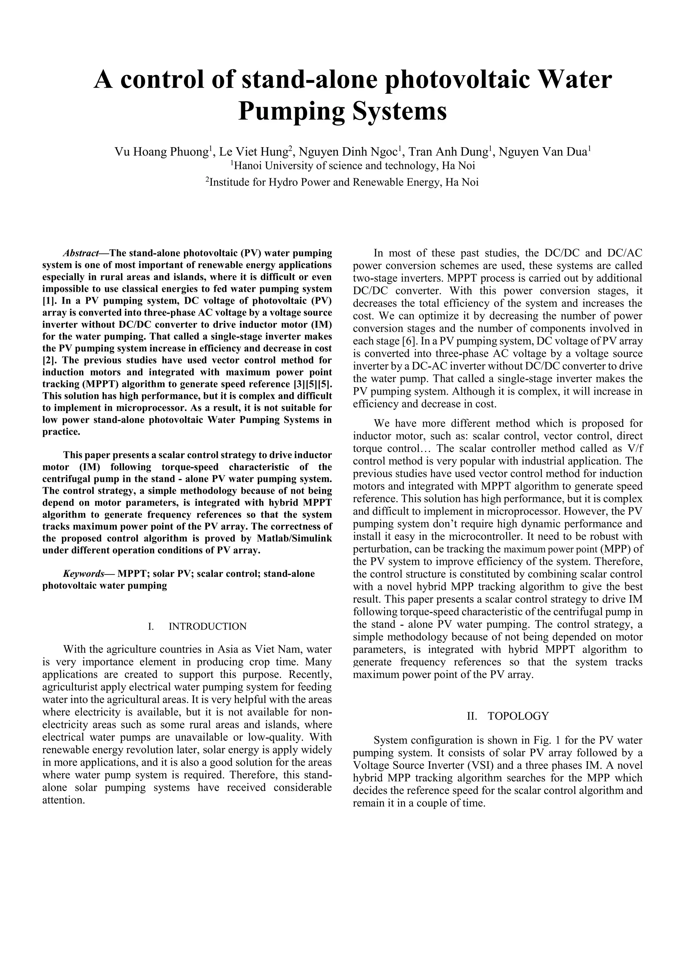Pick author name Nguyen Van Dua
[x=543, y=152]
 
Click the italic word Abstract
[x=81, y=253]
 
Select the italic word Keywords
[x=83, y=574]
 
